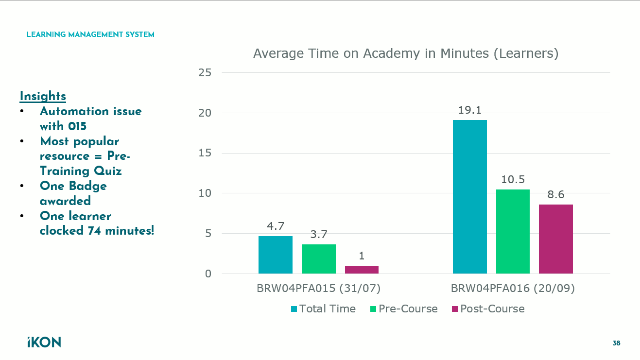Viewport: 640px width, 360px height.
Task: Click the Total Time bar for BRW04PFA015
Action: tap(276, 255)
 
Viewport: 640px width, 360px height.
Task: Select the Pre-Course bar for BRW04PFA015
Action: tap(319, 258)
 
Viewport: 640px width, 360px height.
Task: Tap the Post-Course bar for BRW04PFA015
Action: tap(362, 269)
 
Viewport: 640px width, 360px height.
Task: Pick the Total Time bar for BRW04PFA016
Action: tap(470, 197)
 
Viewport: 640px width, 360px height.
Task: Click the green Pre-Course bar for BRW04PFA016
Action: tap(513, 231)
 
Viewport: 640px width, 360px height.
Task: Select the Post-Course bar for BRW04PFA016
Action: tap(556, 239)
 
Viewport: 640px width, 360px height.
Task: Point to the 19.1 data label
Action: tap(470, 110)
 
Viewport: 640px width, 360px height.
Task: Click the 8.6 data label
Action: tap(556, 195)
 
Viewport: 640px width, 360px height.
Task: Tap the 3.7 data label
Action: tap(319, 234)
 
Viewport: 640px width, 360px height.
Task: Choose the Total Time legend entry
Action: tap(323, 309)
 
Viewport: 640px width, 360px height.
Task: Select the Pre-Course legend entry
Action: tap(404, 309)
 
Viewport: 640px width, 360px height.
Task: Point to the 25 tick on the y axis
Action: tap(205, 73)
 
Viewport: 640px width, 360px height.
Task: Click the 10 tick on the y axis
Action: tap(205, 193)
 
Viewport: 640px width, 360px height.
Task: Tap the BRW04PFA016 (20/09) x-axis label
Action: tap(513, 288)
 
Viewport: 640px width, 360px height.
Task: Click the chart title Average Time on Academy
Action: tap(406, 53)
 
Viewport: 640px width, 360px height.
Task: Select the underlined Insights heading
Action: tap(43, 96)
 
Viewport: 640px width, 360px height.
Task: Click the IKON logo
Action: tap(44, 342)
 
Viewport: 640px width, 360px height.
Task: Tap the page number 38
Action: tap(616, 343)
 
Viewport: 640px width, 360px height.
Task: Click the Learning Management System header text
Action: tap(90, 35)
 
